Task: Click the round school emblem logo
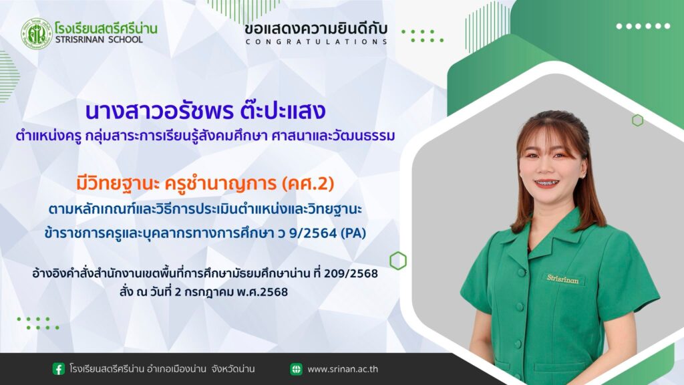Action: pyautogui.click(x=37, y=33)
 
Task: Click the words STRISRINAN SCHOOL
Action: pyautogui.click(x=99, y=39)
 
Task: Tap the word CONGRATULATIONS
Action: pyautogui.click(x=316, y=42)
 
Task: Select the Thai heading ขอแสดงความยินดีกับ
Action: pyautogui.click(x=316, y=28)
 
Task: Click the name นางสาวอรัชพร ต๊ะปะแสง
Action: pyautogui.click(x=206, y=111)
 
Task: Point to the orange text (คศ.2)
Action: pyautogui.click(x=308, y=183)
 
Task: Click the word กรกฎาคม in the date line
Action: pyautogui.click(x=209, y=292)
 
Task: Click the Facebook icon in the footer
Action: pyautogui.click(x=59, y=369)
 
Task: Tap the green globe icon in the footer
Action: pyautogui.click(x=296, y=369)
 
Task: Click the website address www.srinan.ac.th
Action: pyautogui.click(x=343, y=369)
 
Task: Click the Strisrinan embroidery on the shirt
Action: pyautogui.click(x=562, y=279)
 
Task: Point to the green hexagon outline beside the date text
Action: pyautogui.click(x=398, y=261)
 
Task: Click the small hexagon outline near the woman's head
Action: pyautogui.click(x=637, y=120)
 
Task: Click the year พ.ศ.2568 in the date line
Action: pyautogui.click(x=262, y=292)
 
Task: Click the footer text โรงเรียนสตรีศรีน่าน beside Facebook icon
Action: pyautogui.click(x=107, y=369)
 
